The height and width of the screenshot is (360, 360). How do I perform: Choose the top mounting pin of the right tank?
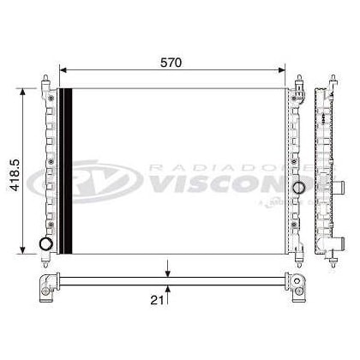(x=299, y=82)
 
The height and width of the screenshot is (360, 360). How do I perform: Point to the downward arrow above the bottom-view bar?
(x=168, y=273)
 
